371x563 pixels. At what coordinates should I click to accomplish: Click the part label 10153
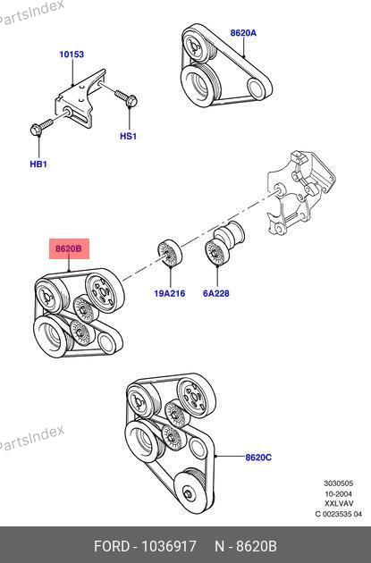[x=72, y=55]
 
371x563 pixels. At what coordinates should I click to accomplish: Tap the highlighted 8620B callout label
[x=69, y=248]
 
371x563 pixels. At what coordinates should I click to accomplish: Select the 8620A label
[x=243, y=33]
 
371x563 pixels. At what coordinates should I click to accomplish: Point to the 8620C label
[x=258, y=458]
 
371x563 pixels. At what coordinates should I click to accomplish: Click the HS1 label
[x=128, y=137]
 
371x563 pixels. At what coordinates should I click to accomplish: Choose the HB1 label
[x=38, y=164]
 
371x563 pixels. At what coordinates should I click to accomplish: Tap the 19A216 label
[x=170, y=293]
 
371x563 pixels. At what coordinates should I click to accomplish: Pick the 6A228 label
[x=216, y=293]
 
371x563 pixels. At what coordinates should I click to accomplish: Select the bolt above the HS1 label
[x=125, y=98]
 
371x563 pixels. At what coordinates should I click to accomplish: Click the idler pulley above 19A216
[x=170, y=253]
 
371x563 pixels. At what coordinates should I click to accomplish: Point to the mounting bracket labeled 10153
[x=80, y=98]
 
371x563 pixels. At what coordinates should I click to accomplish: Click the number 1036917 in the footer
[x=169, y=546]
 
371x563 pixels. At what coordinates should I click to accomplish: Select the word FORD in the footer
[x=112, y=546]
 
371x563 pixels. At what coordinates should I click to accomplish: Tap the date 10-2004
[x=339, y=493]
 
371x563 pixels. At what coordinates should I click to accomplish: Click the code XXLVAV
[x=339, y=503]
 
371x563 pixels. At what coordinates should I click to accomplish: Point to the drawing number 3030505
[x=339, y=483]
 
